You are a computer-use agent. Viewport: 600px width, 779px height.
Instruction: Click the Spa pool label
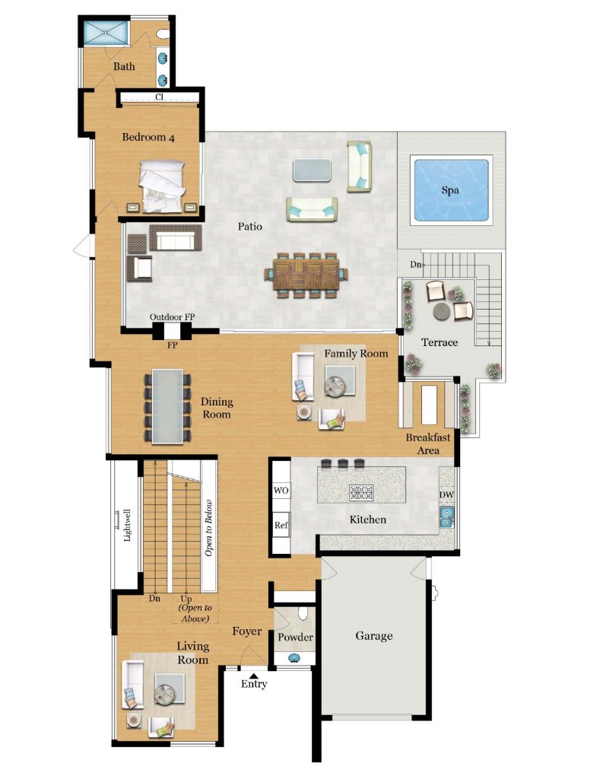450,190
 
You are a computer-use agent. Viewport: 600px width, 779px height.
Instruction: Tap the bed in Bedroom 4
162,186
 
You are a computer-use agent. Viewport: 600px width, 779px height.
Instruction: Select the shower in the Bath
105,33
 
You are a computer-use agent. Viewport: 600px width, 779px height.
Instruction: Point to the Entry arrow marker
253,676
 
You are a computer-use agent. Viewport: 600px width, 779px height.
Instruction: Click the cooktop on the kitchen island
361,492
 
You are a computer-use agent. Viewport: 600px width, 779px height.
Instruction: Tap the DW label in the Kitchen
446,494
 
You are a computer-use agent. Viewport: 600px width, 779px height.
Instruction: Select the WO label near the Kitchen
281,491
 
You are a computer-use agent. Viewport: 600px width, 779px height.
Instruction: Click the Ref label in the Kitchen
281,525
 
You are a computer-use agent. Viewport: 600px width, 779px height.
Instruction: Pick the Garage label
374,636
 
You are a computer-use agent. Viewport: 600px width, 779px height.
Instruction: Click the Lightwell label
127,525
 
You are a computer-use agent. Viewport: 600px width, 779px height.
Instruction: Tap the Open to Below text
208,528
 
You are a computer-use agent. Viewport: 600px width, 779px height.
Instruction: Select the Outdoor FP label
173,317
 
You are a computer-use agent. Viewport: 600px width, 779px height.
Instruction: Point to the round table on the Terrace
442,311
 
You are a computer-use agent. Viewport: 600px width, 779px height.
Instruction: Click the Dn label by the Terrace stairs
416,264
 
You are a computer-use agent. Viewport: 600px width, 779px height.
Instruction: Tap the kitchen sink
446,517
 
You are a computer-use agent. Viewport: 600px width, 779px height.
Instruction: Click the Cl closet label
159,97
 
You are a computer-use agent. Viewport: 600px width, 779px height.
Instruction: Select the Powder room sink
294,658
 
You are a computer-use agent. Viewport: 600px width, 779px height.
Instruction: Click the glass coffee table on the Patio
312,170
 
